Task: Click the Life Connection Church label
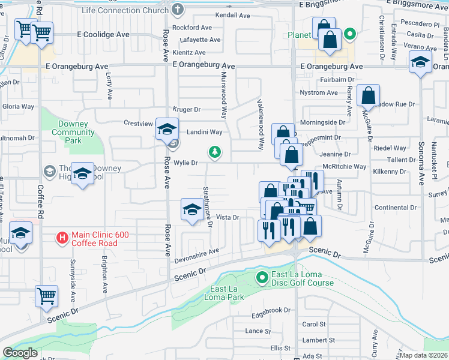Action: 125,10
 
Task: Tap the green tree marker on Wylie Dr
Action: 214,152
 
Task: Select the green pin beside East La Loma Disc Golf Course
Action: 262,278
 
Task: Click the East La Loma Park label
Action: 227,293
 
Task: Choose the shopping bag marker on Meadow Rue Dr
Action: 368,95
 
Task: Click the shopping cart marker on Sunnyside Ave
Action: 47,296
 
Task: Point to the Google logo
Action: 20,353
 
